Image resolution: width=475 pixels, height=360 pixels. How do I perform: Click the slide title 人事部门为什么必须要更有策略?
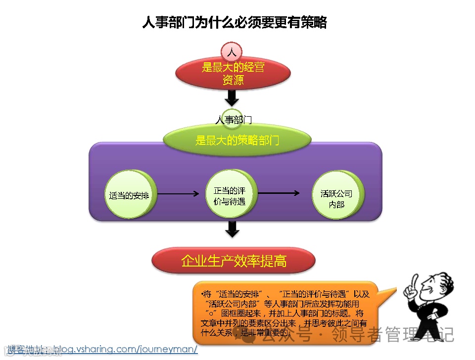(x=234, y=23)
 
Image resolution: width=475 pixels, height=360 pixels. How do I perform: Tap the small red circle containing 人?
(x=232, y=52)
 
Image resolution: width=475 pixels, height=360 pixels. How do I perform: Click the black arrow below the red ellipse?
(x=232, y=96)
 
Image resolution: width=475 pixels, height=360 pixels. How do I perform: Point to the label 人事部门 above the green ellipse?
(x=233, y=120)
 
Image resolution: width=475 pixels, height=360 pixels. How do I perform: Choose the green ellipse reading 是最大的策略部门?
(x=237, y=140)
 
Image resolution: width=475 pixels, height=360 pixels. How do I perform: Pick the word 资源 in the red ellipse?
(x=233, y=80)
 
